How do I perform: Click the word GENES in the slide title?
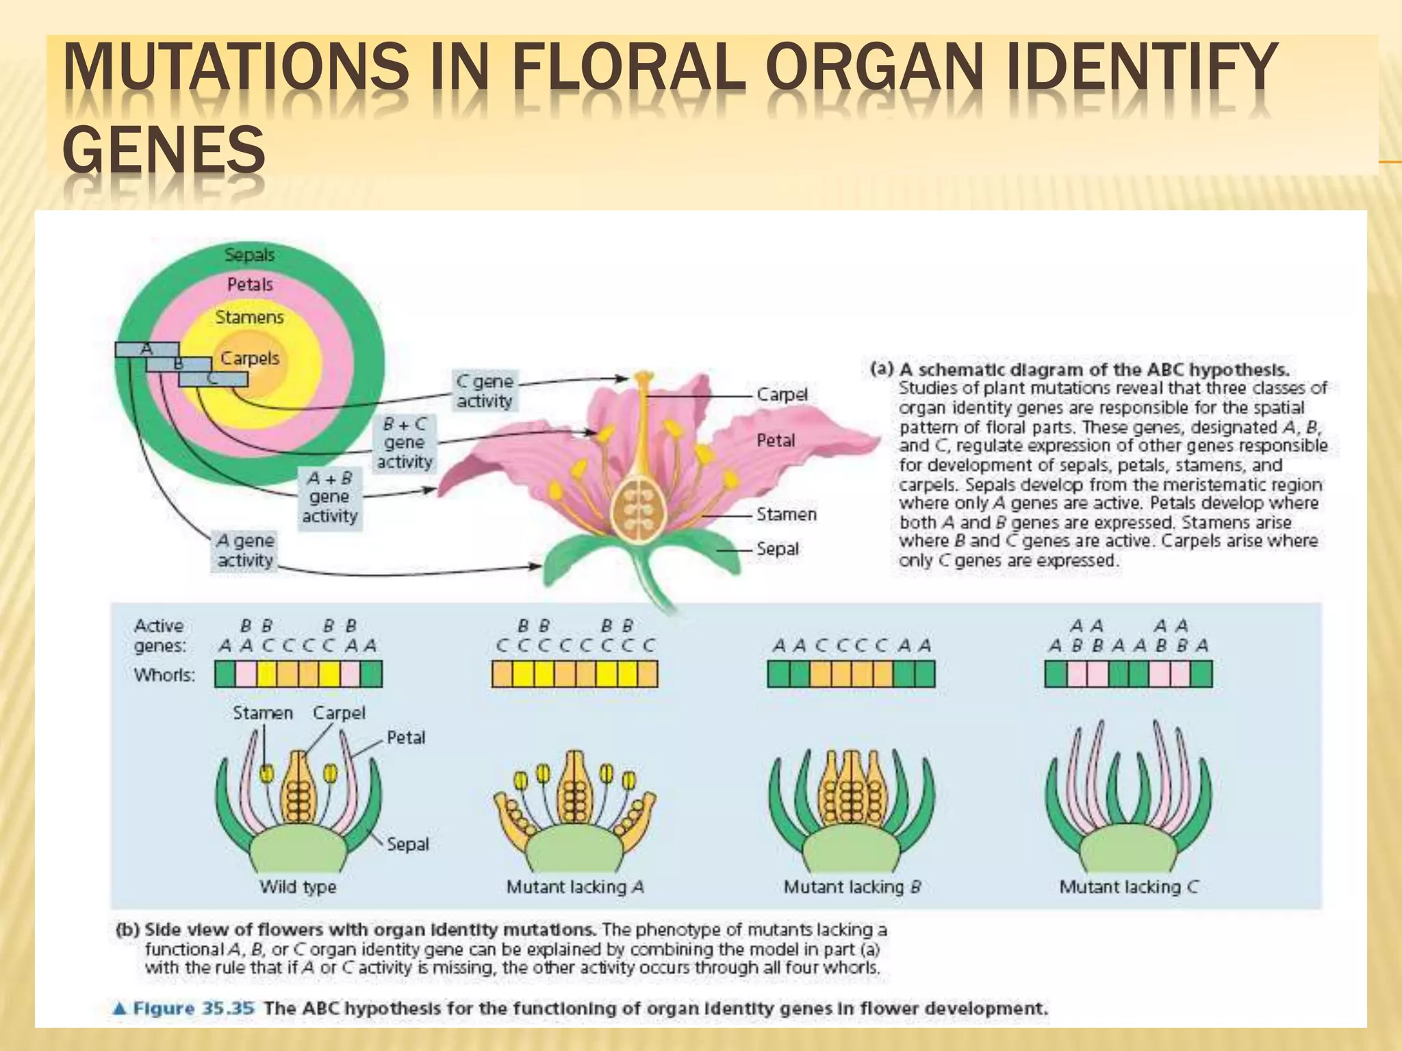pos(164,149)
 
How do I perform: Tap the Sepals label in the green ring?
pos(249,255)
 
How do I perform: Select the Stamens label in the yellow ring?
pos(249,317)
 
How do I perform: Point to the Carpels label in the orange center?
pos(250,359)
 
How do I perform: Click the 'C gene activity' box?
pos(485,391)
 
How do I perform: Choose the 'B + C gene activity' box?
pos(405,443)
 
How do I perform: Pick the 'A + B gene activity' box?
pos(330,497)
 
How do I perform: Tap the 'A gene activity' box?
pos(245,550)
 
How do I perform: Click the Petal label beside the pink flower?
pos(776,441)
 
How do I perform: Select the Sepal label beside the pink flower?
pos(778,549)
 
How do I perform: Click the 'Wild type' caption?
pos(298,887)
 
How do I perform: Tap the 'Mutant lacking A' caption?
pos(575,887)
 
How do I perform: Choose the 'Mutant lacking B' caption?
pos(852,887)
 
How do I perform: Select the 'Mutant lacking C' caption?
pos(1129,887)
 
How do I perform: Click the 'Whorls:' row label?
pos(164,675)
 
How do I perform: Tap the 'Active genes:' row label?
pos(160,636)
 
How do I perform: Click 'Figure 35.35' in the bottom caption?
pos(193,1009)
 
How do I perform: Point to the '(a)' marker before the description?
pos(882,369)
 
